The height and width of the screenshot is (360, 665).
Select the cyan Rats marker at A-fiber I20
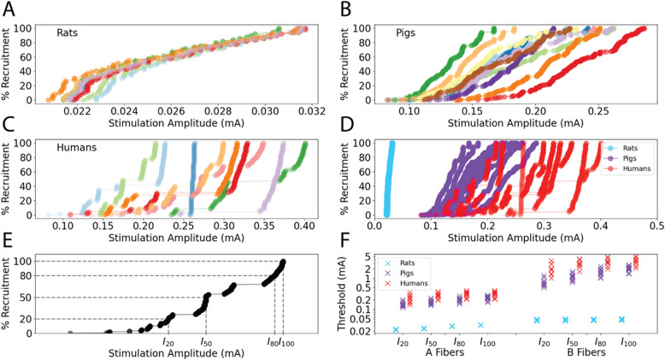(395, 329)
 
